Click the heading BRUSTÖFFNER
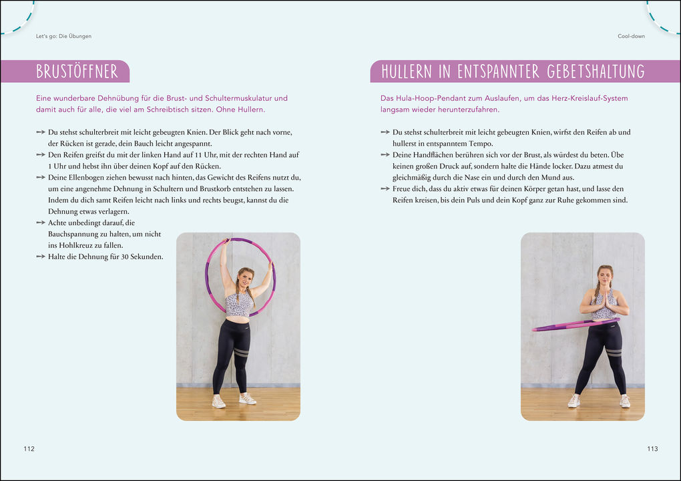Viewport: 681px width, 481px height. tap(77, 71)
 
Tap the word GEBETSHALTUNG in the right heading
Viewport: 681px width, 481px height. tap(596, 71)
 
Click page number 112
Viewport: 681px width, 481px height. tap(29, 448)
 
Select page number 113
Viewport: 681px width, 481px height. tap(652, 448)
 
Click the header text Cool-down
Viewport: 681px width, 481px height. tap(631, 36)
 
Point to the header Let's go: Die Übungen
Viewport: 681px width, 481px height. tap(63, 36)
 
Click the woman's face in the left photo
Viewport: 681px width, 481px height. tap(244, 277)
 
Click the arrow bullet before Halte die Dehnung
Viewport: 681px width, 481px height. tap(41, 257)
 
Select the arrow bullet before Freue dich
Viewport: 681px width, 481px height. tap(385, 188)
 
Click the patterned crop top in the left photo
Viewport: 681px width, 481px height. tap(238, 304)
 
